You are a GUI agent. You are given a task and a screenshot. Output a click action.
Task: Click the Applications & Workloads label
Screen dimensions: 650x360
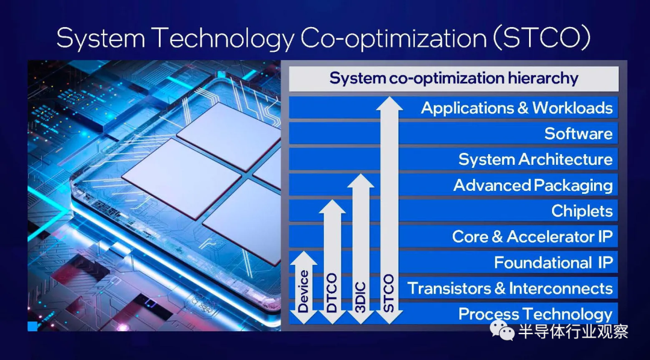tap(516, 108)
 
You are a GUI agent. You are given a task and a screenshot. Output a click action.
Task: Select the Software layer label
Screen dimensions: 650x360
tap(578, 134)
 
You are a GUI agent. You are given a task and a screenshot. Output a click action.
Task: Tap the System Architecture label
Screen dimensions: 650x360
tap(535, 160)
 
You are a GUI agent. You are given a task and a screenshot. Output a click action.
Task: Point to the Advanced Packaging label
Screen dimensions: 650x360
tap(533, 185)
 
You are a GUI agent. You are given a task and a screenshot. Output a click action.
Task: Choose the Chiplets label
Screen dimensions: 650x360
tap(582, 211)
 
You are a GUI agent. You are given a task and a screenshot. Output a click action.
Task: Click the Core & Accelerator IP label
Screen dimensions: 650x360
tap(532, 237)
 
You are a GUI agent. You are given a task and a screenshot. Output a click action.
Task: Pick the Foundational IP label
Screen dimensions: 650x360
tap(554, 262)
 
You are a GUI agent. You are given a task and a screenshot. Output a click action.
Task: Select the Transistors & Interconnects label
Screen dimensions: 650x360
tap(510, 288)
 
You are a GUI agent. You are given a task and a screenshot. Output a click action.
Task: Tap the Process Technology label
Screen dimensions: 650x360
tap(535, 314)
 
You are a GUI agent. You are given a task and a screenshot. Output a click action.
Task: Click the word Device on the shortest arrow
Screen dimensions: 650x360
tap(304, 291)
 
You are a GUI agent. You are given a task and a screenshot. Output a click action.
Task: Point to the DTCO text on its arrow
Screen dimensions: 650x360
tap(332, 293)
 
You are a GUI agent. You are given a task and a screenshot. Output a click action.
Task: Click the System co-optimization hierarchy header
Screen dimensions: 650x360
tap(454, 78)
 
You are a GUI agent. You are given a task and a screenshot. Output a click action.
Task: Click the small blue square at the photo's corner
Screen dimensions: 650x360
tap(32, 326)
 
